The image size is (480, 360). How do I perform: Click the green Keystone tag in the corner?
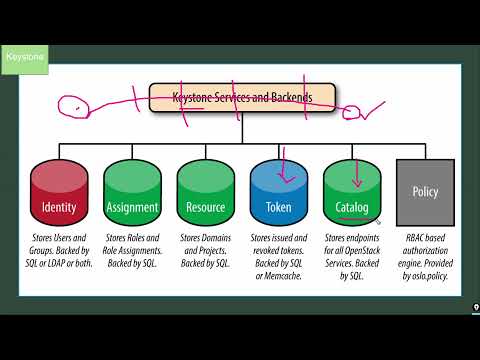[24, 58]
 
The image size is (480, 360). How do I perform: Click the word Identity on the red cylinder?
[59, 208]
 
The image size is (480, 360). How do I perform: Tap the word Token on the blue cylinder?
[278, 208]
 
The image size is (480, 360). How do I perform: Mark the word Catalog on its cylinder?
[352, 208]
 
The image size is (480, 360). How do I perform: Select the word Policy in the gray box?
[425, 190]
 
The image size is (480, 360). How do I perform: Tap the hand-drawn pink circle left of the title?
[73, 104]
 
